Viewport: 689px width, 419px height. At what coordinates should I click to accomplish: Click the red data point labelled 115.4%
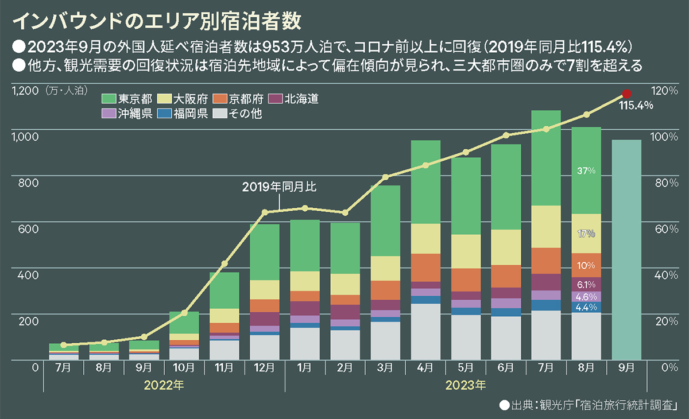click(x=626, y=94)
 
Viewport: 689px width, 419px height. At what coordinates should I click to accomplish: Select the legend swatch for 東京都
click(x=107, y=99)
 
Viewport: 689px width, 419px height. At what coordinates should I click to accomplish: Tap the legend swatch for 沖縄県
click(x=107, y=114)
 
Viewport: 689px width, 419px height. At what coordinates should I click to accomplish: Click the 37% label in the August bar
click(x=586, y=170)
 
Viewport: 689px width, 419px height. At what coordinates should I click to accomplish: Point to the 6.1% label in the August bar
click(x=586, y=284)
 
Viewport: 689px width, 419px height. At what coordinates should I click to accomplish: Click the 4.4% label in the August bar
click(x=586, y=307)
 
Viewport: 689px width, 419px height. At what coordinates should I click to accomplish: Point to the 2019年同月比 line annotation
click(x=279, y=187)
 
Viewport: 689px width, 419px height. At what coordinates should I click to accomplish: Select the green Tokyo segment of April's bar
click(x=425, y=182)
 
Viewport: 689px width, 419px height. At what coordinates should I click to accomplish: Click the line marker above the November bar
click(x=224, y=263)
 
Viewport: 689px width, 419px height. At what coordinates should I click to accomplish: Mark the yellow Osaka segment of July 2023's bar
click(x=546, y=227)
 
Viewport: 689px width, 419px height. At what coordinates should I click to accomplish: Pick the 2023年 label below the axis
click(x=466, y=383)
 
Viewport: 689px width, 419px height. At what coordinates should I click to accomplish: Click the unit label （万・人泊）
click(x=64, y=91)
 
